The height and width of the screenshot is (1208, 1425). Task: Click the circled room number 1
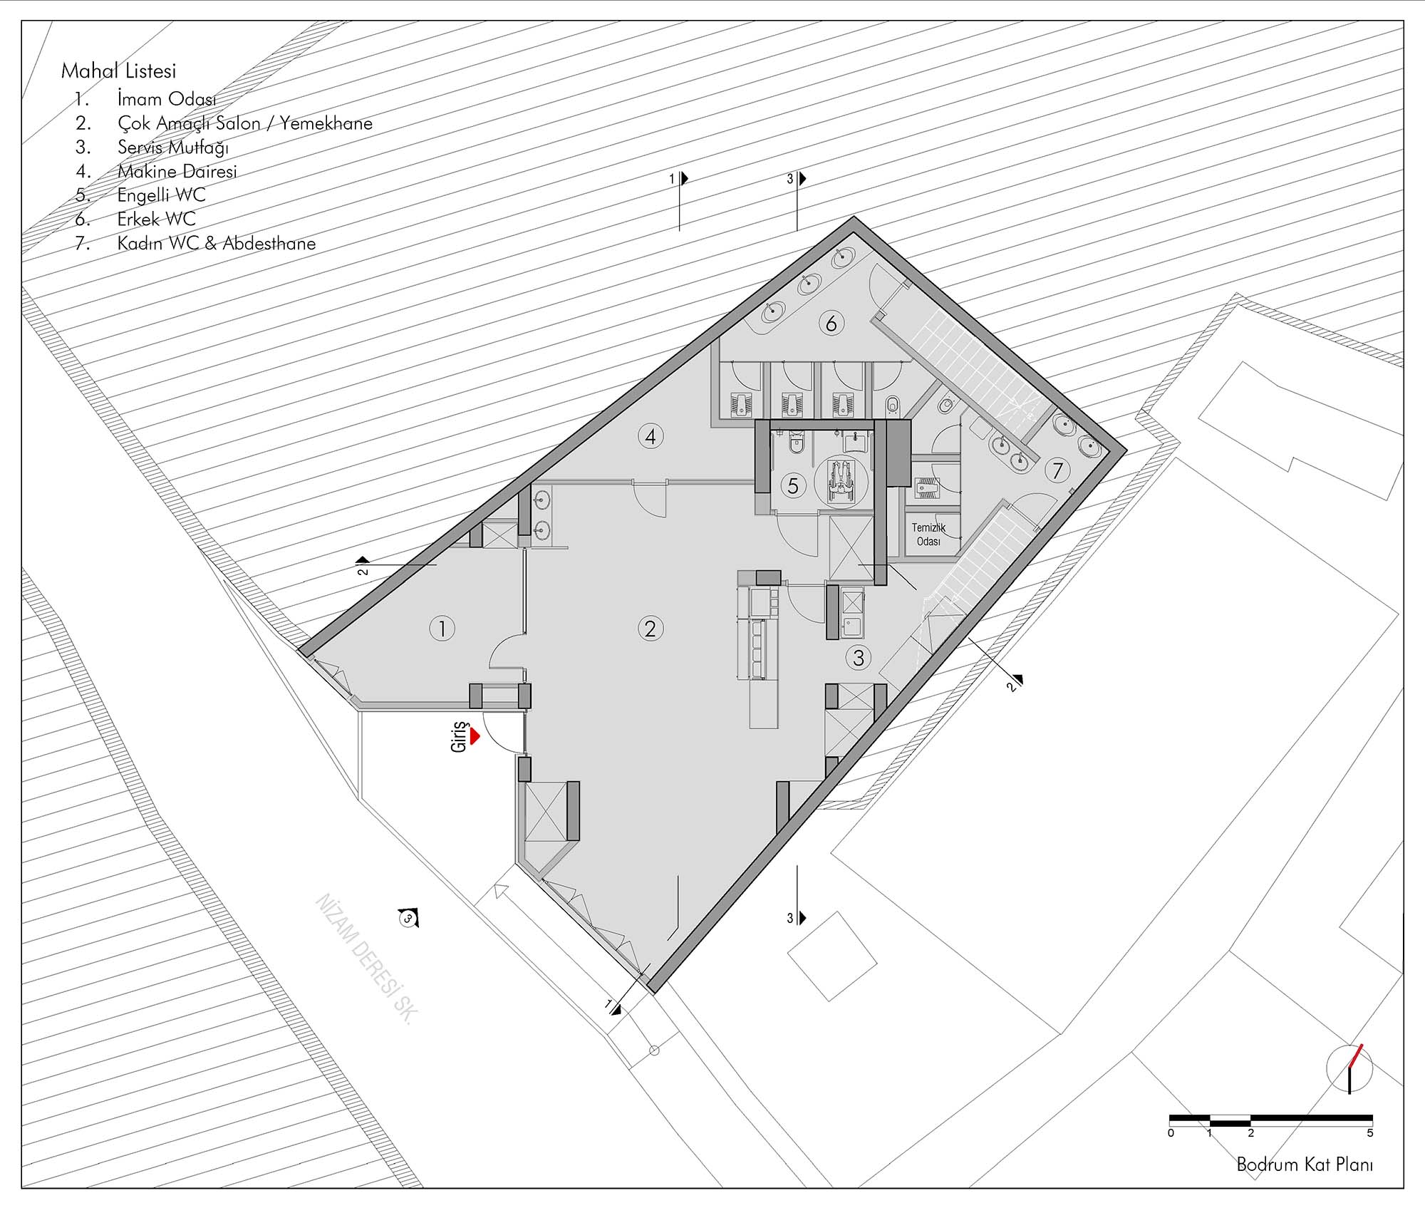click(x=442, y=629)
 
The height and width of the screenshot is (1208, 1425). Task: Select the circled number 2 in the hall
click(x=650, y=629)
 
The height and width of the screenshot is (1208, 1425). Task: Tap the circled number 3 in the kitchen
click(x=859, y=657)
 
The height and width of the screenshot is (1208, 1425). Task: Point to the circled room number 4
click(x=651, y=436)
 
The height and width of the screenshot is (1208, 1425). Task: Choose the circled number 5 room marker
click(x=793, y=485)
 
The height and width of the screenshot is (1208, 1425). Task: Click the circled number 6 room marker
click(x=831, y=324)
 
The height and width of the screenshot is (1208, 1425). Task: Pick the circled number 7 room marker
click(x=1057, y=470)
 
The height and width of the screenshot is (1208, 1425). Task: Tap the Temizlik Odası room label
click(x=928, y=535)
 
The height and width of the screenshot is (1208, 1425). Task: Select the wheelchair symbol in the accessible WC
click(x=841, y=482)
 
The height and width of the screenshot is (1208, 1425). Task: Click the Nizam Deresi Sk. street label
click(x=364, y=959)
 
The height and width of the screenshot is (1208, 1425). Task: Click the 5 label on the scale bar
click(x=1370, y=1132)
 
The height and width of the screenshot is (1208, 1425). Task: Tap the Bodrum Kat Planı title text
click(x=1305, y=1165)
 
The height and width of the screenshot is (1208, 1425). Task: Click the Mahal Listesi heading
click(x=118, y=71)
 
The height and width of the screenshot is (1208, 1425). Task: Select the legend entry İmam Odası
click(x=167, y=99)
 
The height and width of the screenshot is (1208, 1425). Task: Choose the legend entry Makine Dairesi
click(x=177, y=171)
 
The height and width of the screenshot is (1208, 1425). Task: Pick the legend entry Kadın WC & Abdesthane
click(x=217, y=243)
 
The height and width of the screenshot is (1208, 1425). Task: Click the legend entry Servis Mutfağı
click(x=173, y=148)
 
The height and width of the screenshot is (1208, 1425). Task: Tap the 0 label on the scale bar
click(x=1171, y=1132)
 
